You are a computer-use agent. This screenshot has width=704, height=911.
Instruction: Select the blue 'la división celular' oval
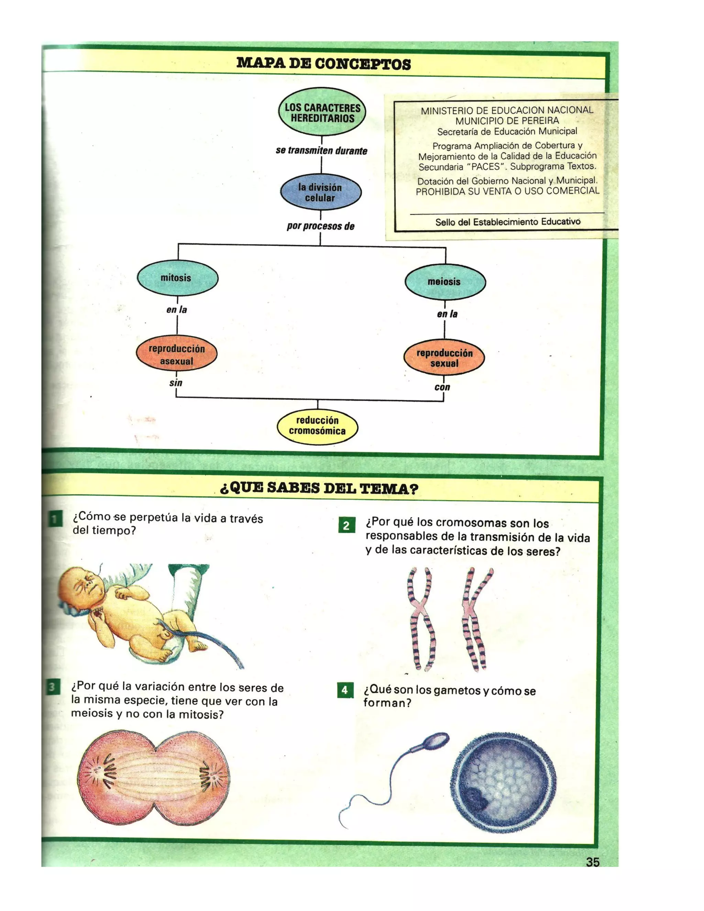click(x=320, y=192)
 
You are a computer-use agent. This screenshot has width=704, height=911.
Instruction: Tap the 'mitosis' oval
click(x=177, y=278)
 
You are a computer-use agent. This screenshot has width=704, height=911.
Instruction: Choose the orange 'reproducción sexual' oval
click(x=444, y=358)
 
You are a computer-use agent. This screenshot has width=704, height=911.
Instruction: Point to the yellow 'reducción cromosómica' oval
click(x=317, y=426)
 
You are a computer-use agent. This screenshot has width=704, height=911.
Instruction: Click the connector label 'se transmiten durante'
click(x=321, y=151)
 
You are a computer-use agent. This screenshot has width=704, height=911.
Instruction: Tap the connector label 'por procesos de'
click(x=320, y=227)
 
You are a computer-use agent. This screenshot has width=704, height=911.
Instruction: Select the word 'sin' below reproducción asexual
click(x=176, y=383)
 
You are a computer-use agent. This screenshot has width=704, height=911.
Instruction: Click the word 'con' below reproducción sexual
click(x=442, y=387)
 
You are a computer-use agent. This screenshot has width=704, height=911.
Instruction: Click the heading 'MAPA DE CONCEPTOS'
click(x=323, y=64)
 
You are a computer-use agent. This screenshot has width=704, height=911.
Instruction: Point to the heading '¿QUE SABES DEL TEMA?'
click(x=319, y=489)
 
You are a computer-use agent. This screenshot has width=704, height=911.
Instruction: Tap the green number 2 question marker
click(x=346, y=525)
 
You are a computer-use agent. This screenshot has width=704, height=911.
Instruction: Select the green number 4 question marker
click(x=345, y=690)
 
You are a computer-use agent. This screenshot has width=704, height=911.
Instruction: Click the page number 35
click(x=593, y=862)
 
